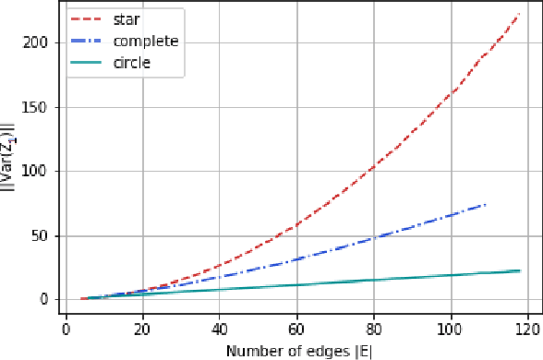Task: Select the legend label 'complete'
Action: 145,42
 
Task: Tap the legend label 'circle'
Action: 132,65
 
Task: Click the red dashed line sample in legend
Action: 85,19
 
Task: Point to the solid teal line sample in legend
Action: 85,65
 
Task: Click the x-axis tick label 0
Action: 66,328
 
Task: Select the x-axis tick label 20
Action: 142,328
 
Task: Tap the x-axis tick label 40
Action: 220,328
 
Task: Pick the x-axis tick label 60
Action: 296,328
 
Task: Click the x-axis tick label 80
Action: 373,328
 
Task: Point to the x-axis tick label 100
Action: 451,328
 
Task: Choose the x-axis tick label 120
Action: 527,328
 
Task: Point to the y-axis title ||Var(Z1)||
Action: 10,170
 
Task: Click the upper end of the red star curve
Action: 519,15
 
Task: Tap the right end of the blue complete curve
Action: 485,204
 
